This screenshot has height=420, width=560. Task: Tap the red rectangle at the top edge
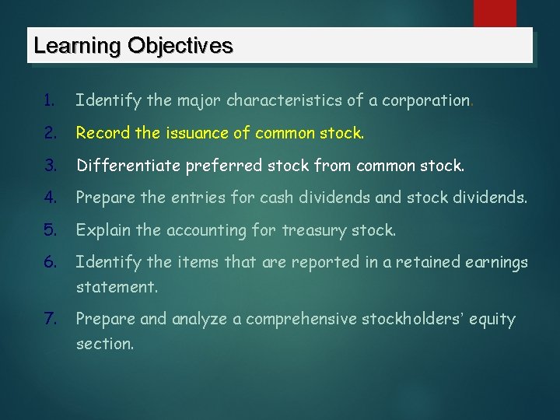pyautogui.click(x=495, y=13)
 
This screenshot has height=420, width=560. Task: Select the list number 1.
pyautogui.click(x=49, y=101)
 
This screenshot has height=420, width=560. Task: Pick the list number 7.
pyautogui.click(x=49, y=319)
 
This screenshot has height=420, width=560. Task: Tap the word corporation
pyautogui.click(x=417, y=101)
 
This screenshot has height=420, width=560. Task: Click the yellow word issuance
pyautogui.click(x=194, y=134)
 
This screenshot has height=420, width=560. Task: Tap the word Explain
pyautogui.click(x=102, y=231)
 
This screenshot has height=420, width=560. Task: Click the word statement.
pyautogui.click(x=116, y=287)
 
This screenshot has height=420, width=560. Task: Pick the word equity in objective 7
pyautogui.click(x=491, y=320)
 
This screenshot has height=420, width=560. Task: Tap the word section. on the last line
pyautogui.click(x=104, y=343)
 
